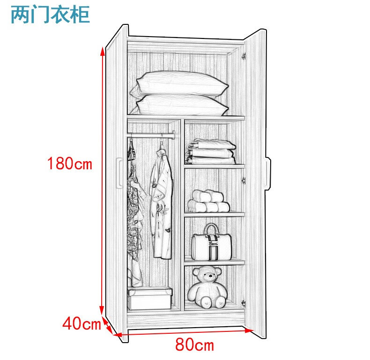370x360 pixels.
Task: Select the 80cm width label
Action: (x=194, y=345)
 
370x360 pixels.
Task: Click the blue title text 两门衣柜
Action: (x=50, y=15)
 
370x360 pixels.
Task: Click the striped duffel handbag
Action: (x=211, y=245)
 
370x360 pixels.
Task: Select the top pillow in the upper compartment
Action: (x=180, y=84)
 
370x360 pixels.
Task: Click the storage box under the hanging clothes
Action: (x=150, y=299)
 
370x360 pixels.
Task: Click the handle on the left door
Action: (x=119, y=173)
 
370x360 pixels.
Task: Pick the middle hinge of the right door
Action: (x=244, y=180)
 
